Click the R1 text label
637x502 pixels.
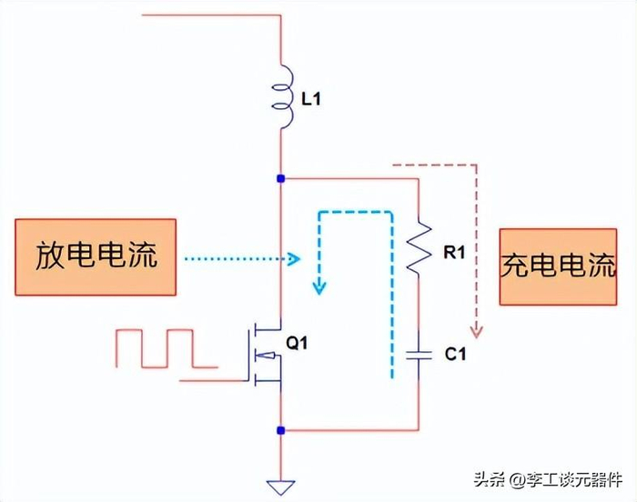454,253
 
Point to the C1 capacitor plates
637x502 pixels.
418,355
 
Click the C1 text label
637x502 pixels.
455,355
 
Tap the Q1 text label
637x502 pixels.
298,344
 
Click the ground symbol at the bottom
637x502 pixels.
282,487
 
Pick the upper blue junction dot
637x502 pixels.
282,178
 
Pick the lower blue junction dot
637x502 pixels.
282,429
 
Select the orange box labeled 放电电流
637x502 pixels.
96,257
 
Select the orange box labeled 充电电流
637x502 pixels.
558,266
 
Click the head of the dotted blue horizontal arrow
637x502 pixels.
293,258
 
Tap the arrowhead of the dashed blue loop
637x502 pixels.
318,289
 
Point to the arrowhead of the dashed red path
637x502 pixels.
473,325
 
